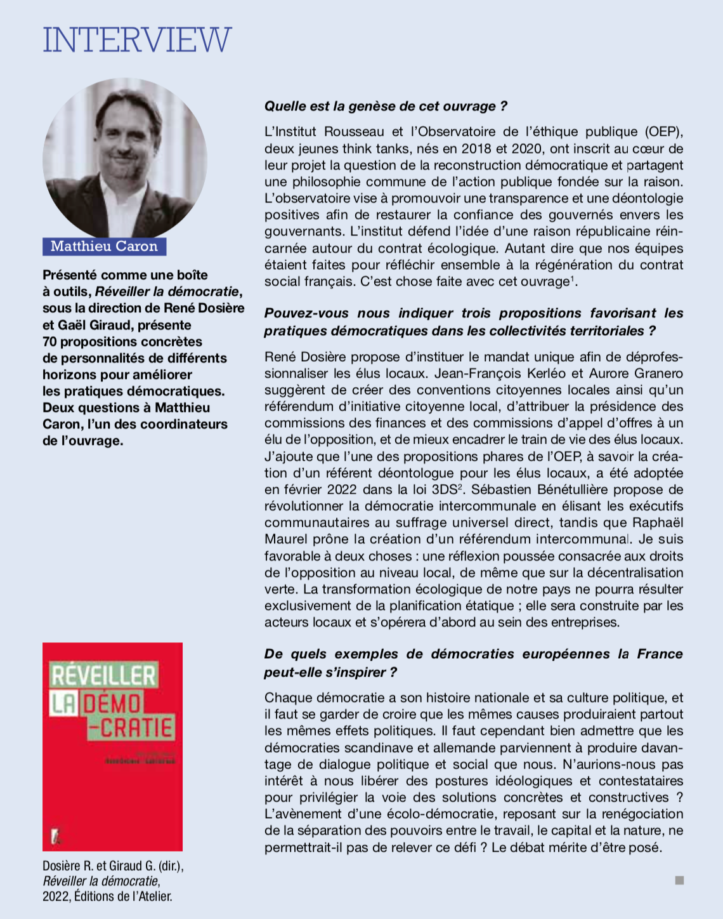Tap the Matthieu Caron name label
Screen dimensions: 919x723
104,246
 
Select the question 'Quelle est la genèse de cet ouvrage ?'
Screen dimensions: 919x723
386,106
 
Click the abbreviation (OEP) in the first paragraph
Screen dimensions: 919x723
664,132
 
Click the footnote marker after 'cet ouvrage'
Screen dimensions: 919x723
573,277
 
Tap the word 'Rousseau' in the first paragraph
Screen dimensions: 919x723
354,132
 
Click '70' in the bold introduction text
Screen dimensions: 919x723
50,341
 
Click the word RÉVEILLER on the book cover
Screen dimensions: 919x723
103,675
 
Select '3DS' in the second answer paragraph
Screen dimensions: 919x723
446,489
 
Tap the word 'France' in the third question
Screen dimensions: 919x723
660,654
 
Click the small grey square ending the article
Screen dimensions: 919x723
679,880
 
